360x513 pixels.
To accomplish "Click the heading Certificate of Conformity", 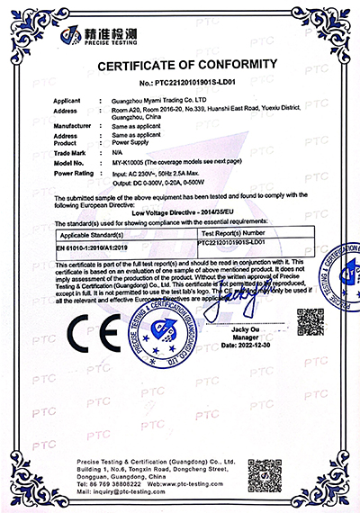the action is pyautogui.click(x=181, y=65).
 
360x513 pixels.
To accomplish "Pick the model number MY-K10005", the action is pyautogui.click(x=119, y=163).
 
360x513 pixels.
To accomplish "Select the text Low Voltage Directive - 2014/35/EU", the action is pyautogui.click(x=180, y=206).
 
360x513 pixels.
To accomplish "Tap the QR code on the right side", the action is pyautogui.click(x=310, y=321).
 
